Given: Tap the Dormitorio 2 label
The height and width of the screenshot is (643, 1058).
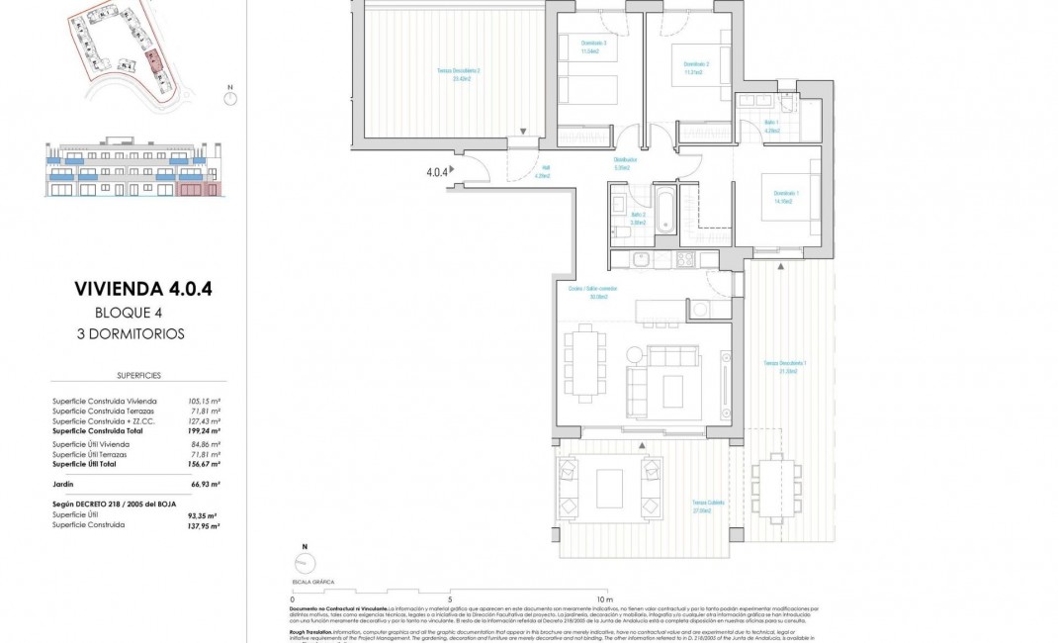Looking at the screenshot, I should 692,68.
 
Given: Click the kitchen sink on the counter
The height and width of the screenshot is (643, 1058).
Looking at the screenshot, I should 640,260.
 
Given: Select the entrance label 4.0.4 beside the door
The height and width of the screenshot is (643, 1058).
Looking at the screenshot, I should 435,171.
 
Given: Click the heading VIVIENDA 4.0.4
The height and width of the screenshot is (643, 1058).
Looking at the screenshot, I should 143,290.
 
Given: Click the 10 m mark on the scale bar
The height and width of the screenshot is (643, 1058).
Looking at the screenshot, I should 605,598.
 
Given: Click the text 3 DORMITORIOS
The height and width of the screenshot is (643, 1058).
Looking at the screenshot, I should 131,333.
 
